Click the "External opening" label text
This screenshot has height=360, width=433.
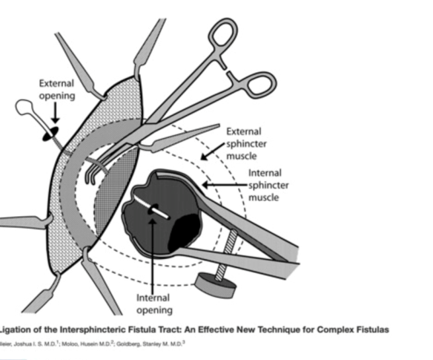56,89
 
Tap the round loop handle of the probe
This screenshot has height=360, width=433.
26,108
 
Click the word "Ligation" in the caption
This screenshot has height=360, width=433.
16,329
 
